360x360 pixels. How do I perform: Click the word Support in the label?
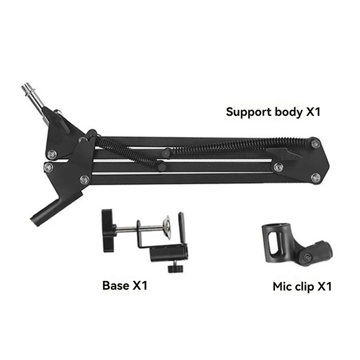pos(248,112)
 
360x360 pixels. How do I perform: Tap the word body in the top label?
pos(288,112)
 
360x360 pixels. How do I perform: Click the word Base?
pos(116,285)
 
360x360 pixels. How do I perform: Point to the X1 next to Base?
pos(140,285)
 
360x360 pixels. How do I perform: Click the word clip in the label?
pos(305,286)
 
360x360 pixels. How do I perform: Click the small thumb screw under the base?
pos(173,268)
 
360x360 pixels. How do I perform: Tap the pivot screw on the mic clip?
pos(308,257)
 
